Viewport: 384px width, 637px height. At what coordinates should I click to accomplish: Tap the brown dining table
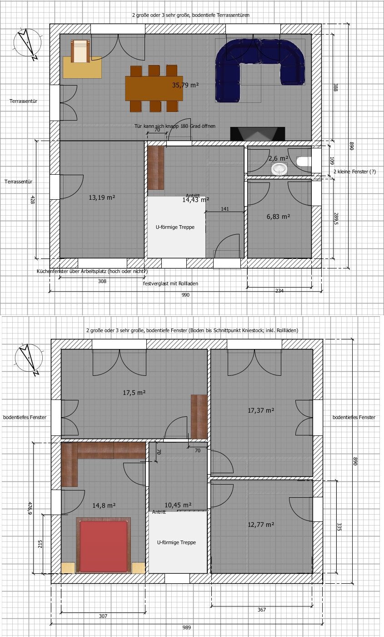pyautogui.click(x=154, y=88)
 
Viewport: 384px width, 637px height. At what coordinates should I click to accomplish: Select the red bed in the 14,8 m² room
pyautogui.click(x=104, y=546)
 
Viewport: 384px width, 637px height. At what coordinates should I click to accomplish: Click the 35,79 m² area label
pyautogui.click(x=185, y=85)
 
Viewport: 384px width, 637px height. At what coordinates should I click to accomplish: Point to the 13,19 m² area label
pyautogui.click(x=102, y=197)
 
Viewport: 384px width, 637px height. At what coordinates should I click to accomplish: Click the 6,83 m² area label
pyautogui.click(x=278, y=217)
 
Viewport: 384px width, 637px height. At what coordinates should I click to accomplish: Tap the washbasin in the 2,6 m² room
pyautogui.click(x=279, y=169)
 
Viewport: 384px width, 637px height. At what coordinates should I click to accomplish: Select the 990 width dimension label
pyautogui.click(x=185, y=295)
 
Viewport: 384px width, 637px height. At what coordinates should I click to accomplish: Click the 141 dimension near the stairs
pyautogui.click(x=224, y=209)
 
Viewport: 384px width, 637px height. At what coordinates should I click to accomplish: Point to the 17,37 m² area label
pyautogui.click(x=261, y=410)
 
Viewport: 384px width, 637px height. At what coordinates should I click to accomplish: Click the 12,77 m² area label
pyautogui.click(x=261, y=525)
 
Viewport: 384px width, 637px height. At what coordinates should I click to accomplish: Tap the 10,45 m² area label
pyautogui.click(x=178, y=505)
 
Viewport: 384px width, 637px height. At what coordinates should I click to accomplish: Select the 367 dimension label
pyautogui.click(x=262, y=610)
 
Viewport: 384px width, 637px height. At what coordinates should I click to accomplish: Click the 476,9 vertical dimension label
pyautogui.click(x=30, y=508)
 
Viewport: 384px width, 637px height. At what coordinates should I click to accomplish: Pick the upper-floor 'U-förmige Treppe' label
pyautogui.click(x=176, y=542)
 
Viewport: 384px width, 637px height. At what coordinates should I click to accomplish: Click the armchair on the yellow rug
pyautogui.click(x=81, y=51)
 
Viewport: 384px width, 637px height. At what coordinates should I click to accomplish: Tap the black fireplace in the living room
pyautogui.click(x=257, y=134)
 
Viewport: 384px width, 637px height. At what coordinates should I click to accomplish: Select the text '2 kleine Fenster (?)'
pyautogui.click(x=354, y=172)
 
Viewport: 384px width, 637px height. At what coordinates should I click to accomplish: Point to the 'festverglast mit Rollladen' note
pyautogui.click(x=170, y=283)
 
